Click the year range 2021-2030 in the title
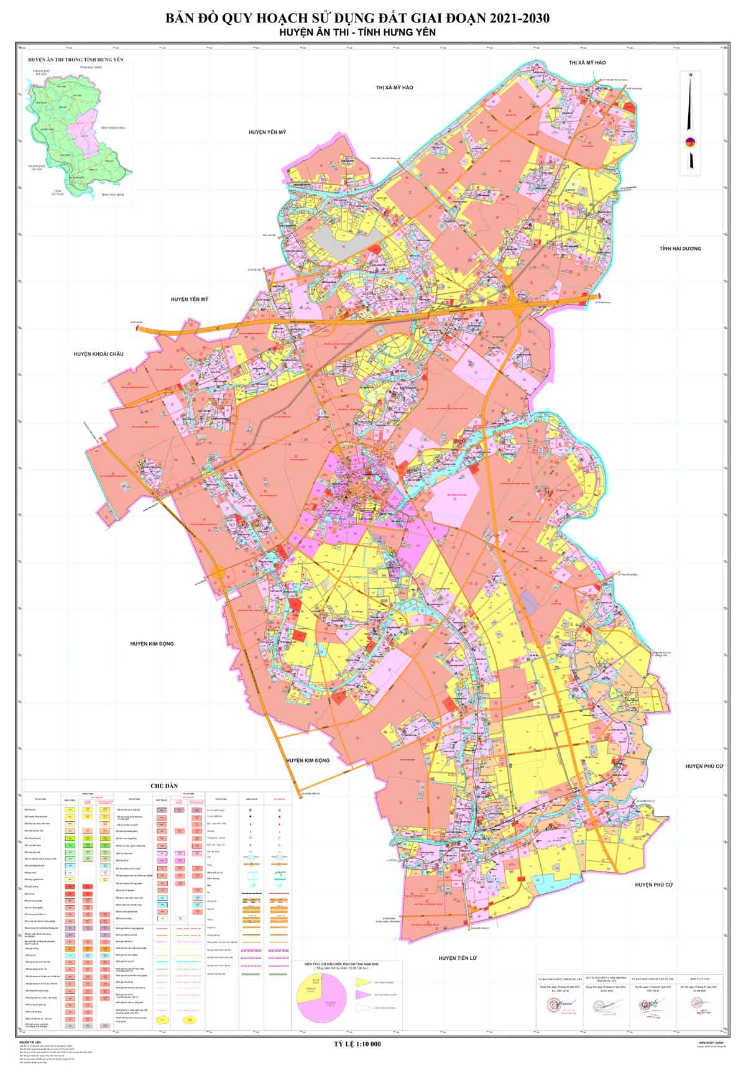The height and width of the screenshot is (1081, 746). click(510, 19)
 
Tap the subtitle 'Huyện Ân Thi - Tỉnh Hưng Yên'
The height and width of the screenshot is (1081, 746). click(358, 34)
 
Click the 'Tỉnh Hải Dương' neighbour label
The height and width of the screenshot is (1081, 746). click(680, 249)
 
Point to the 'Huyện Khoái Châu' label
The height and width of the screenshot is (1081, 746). click(98, 354)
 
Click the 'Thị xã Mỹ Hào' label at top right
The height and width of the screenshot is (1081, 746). click(587, 63)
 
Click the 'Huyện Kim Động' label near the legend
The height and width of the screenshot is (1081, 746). click(308, 760)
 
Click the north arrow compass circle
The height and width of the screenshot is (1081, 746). click(690, 142)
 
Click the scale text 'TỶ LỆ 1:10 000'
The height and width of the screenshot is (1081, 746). click(357, 1044)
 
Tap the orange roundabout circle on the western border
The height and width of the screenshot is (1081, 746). click(218, 573)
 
